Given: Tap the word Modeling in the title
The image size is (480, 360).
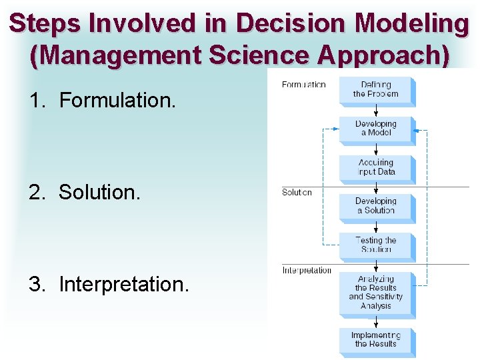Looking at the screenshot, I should click(413, 24).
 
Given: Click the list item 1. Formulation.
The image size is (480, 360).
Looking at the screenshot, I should click(103, 101).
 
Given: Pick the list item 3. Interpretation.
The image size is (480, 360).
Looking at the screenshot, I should click(109, 284).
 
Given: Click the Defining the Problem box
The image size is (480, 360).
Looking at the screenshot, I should click(376, 90).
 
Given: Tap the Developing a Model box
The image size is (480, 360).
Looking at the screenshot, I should click(376, 128).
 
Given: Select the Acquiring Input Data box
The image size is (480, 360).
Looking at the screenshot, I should click(376, 167).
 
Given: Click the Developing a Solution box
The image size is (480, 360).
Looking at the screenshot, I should click(376, 205).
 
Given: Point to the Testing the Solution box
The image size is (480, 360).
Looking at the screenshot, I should click(376, 244).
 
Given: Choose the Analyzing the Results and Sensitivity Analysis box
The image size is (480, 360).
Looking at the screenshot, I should click(376, 292).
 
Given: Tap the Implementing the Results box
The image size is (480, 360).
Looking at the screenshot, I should click(376, 339).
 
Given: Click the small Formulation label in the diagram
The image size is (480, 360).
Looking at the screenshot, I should click(303, 85).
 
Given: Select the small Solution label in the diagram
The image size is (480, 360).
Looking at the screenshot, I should click(297, 193).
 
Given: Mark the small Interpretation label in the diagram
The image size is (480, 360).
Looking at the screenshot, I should click(307, 270).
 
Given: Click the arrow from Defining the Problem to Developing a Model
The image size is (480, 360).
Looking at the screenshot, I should click(376, 110).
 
